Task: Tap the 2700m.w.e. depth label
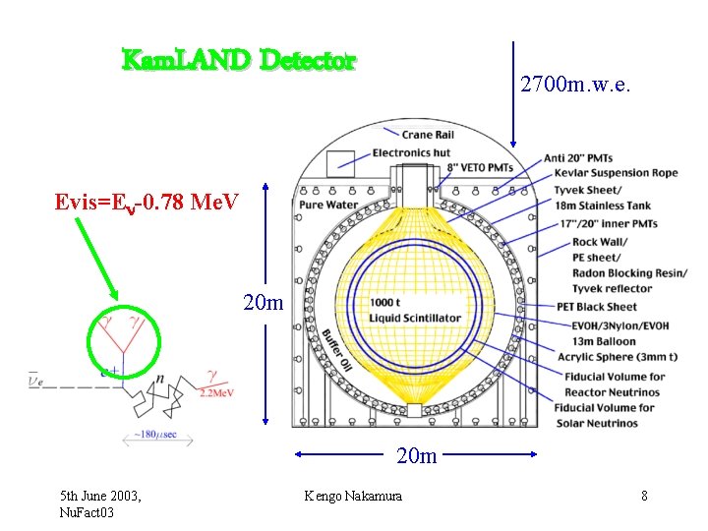575,86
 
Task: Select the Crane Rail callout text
430,136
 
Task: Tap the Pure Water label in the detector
328,206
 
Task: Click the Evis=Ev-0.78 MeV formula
147,203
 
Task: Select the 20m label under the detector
417,455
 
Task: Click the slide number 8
644,497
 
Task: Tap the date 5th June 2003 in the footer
99,497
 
